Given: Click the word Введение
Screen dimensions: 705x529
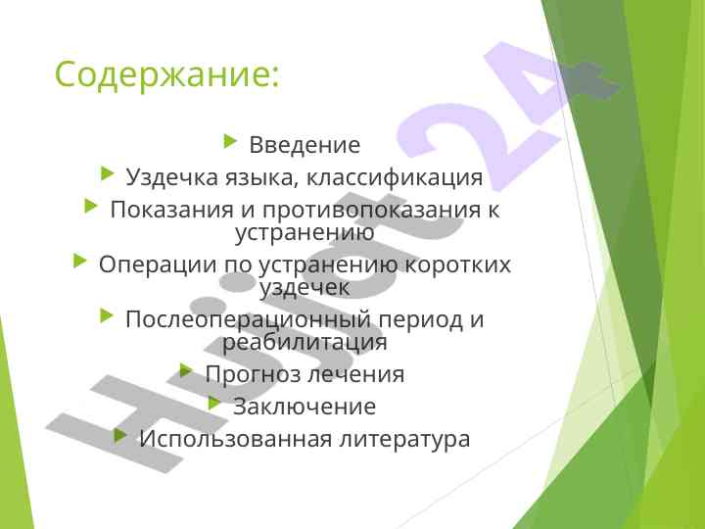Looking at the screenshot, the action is [305, 145].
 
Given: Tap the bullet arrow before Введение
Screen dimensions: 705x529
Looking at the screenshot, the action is [230, 141].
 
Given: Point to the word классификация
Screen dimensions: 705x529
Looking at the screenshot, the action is [395, 177].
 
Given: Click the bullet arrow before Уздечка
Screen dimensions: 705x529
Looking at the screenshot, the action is [107, 173].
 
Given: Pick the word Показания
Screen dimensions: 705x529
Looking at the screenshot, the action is [172, 210].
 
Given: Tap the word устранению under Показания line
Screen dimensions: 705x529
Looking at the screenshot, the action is [305, 233].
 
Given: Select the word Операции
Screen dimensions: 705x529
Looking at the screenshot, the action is [158, 264].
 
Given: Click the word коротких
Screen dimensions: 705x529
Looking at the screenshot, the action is [458, 264].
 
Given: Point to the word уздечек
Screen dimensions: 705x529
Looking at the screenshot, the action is [305, 288].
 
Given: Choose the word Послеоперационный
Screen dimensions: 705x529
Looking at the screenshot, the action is [248, 319].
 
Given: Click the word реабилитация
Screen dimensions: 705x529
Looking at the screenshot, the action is [305, 343].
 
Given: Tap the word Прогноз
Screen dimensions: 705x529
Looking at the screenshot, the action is [254, 374].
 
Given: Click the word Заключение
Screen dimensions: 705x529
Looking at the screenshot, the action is [305, 407].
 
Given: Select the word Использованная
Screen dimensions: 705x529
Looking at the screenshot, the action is [235, 439].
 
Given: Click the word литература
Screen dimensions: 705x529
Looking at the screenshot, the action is [404, 440].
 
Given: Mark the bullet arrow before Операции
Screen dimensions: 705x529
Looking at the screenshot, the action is [79, 261].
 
